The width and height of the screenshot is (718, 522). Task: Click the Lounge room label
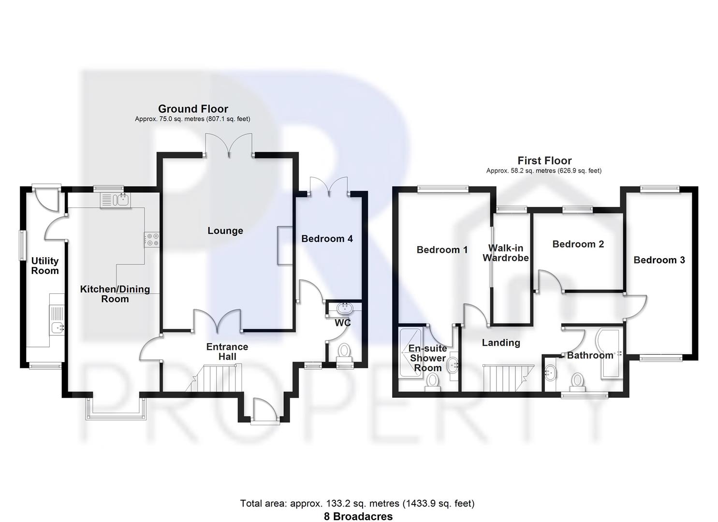pyautogui.click(x=225, y=231)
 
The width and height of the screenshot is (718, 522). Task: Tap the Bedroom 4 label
pyautogui.click(x=327, y=239)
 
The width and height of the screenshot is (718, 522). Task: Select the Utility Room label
pyautogui.click(x=45, y=266)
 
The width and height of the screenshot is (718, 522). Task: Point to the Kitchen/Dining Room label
pyautogui.click(x=115, y=294)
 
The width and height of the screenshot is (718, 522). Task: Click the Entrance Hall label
pyautogui.click(x=227, y=352)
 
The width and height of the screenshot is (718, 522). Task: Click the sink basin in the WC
pyautogui.click(x=345, y=307)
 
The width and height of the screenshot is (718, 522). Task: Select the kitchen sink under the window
pyautogui.click(x=115, y=200)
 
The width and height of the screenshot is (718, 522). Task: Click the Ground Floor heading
pyautogui.click(x=193, y=109)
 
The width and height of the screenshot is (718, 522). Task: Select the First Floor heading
pyautogui.click(x=544, y=160)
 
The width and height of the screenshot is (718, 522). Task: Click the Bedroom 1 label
pyautogui.click(x=442, y=250)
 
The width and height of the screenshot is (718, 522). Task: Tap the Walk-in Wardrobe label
pyautogui.click(x=505, y=253)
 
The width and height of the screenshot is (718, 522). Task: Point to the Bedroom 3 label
pyautogui.click(x=659, y=260)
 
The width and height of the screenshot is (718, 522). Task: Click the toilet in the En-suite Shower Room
pyautogui.click(x=432, y=382)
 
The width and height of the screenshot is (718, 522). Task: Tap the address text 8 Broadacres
pyautogui.click(x=358, y=516)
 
